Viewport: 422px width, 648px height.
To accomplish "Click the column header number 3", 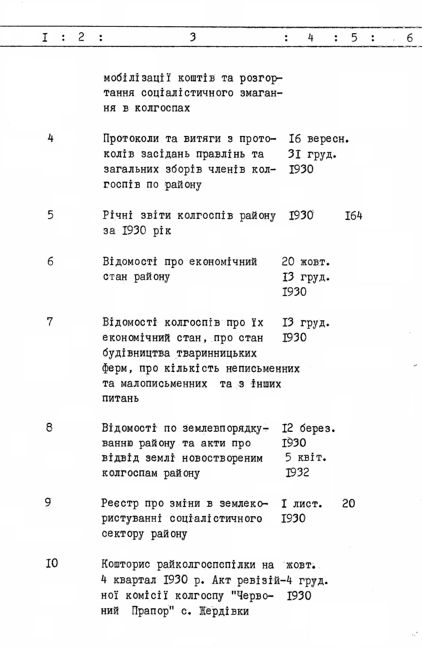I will (x=193, y=37).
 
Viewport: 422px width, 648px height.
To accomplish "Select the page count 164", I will (x=353, y=216).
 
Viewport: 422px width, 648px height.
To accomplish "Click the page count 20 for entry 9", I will (x=349, y=503).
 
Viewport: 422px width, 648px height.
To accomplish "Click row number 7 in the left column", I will (x=50, y=321).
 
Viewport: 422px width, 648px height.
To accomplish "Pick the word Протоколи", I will (x=131, y=139).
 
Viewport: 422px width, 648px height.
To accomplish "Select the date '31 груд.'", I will (x=312, y=154).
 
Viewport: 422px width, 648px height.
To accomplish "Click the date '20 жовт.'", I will (x=306, y=262).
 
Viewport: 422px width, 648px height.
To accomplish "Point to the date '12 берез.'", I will (x=308, y=428).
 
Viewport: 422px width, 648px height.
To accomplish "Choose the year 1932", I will (x=297, y=472).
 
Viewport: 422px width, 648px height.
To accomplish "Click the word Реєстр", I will (x=120, y=503).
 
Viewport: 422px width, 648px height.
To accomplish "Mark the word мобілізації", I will (x=137, y=78).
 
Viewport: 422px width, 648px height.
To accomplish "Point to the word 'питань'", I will (x=121, y=399).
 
